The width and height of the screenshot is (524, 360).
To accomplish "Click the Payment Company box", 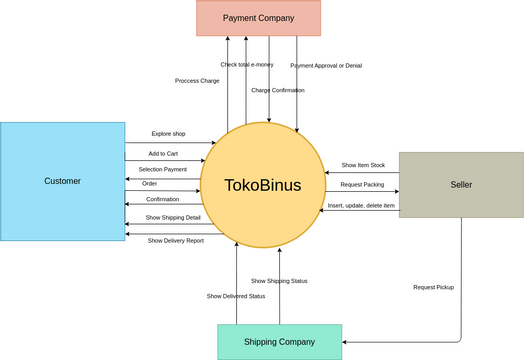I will (x=258, y=18).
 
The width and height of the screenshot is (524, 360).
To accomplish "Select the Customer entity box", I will (x=62, y=181).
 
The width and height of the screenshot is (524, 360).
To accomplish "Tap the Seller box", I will (x=461, y=185).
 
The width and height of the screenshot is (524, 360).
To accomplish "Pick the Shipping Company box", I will (x=279, y=342).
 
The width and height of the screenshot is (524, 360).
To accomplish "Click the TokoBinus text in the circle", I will (x=263, y=185).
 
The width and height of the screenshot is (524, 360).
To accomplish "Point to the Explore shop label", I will (x=169, y=133).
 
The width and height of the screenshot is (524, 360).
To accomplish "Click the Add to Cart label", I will (x=163, y=154).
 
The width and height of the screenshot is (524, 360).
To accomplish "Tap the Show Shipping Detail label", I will (x=173, y=217).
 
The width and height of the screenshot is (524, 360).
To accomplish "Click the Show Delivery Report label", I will (x=176, y=240).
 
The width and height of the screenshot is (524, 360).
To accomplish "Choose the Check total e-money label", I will (x=247, y=65).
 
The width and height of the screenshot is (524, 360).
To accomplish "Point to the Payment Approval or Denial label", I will (x=326, y=66).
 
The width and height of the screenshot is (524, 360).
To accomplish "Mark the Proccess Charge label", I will (x=197, y=81).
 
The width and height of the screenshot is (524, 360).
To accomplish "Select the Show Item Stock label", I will (x=363, y=165).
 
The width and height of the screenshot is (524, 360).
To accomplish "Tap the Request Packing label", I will (x=362, y=185).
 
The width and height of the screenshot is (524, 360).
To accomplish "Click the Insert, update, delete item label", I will (x=362, y=205).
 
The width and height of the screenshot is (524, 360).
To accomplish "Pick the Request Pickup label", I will (x=433, y=287).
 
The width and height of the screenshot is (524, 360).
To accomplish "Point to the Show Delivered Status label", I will (x=236, y=296).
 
